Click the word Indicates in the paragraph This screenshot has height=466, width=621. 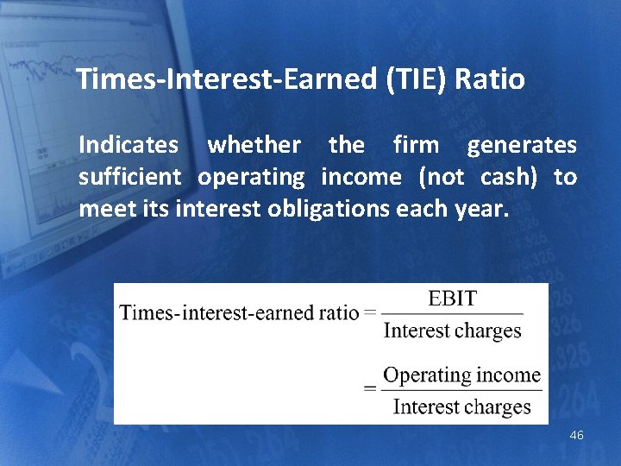coord(129,146)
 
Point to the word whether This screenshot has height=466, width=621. coord(254,146)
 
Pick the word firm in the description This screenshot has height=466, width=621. coord(416,146)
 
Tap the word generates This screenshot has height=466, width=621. coord(522,146)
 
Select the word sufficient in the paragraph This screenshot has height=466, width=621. coord(129,178)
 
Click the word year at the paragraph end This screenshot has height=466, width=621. coord(486,209)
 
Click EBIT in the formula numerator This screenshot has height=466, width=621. coord(452,299)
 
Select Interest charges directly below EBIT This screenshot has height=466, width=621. coord(452,331)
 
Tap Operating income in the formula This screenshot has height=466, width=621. coord(461,375)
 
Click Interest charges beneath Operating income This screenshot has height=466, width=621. coord(461,406)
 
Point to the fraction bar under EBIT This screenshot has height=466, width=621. coord(452,314)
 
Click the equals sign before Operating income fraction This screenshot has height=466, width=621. coord(370,389)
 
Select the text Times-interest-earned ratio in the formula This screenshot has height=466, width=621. coord(239,312)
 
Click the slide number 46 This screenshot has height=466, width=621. coord(576,436)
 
